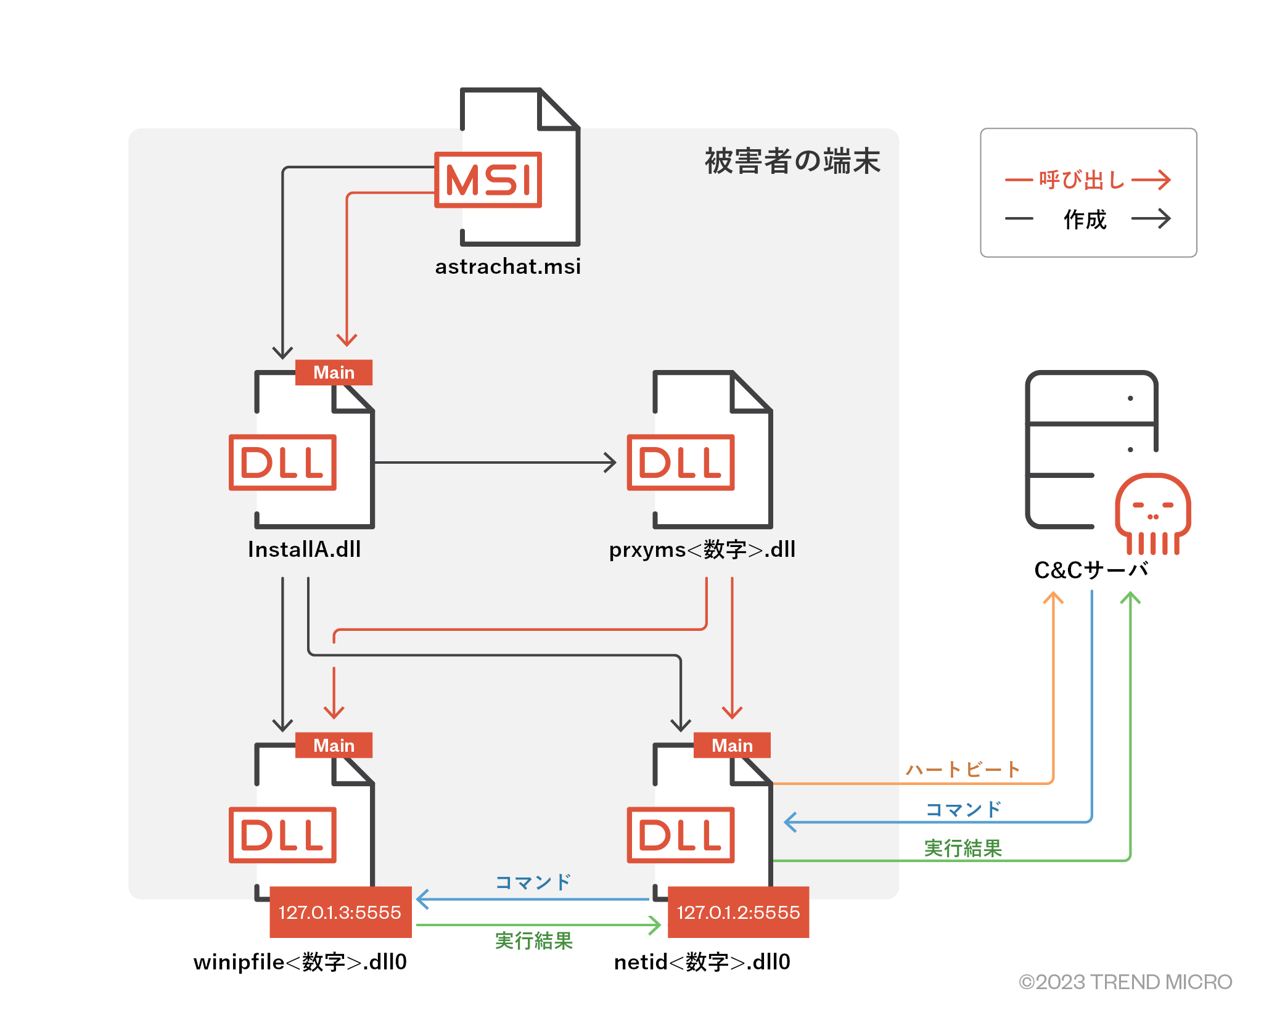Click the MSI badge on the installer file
(x=488, y=180)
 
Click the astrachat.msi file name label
(x=507, y=266)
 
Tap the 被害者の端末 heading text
(x=792, y=161)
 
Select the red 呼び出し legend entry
(x=1082, y=180)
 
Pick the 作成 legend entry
(x=1085, y=219)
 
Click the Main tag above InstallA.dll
(x=334, y=372)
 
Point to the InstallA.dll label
(x=304, y=549)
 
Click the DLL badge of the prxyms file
(x=681, y=463)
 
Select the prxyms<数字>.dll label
(x=702, y=549)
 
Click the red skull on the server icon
(x=1152, y=509)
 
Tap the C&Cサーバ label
(x=1090, y=570)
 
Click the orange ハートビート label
(x=962, y=770)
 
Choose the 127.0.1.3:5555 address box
(x=340, y=912)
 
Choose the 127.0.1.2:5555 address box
(x=738, y=912)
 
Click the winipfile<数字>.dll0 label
(x=300, y=962)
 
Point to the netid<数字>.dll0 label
(x=702, y=962)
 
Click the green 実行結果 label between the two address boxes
(x=534, y=941)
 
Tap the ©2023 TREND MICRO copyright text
(x=1125, y=982)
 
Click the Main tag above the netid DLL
(x=732, y=746)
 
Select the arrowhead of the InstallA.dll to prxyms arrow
(x=610, y=463)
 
